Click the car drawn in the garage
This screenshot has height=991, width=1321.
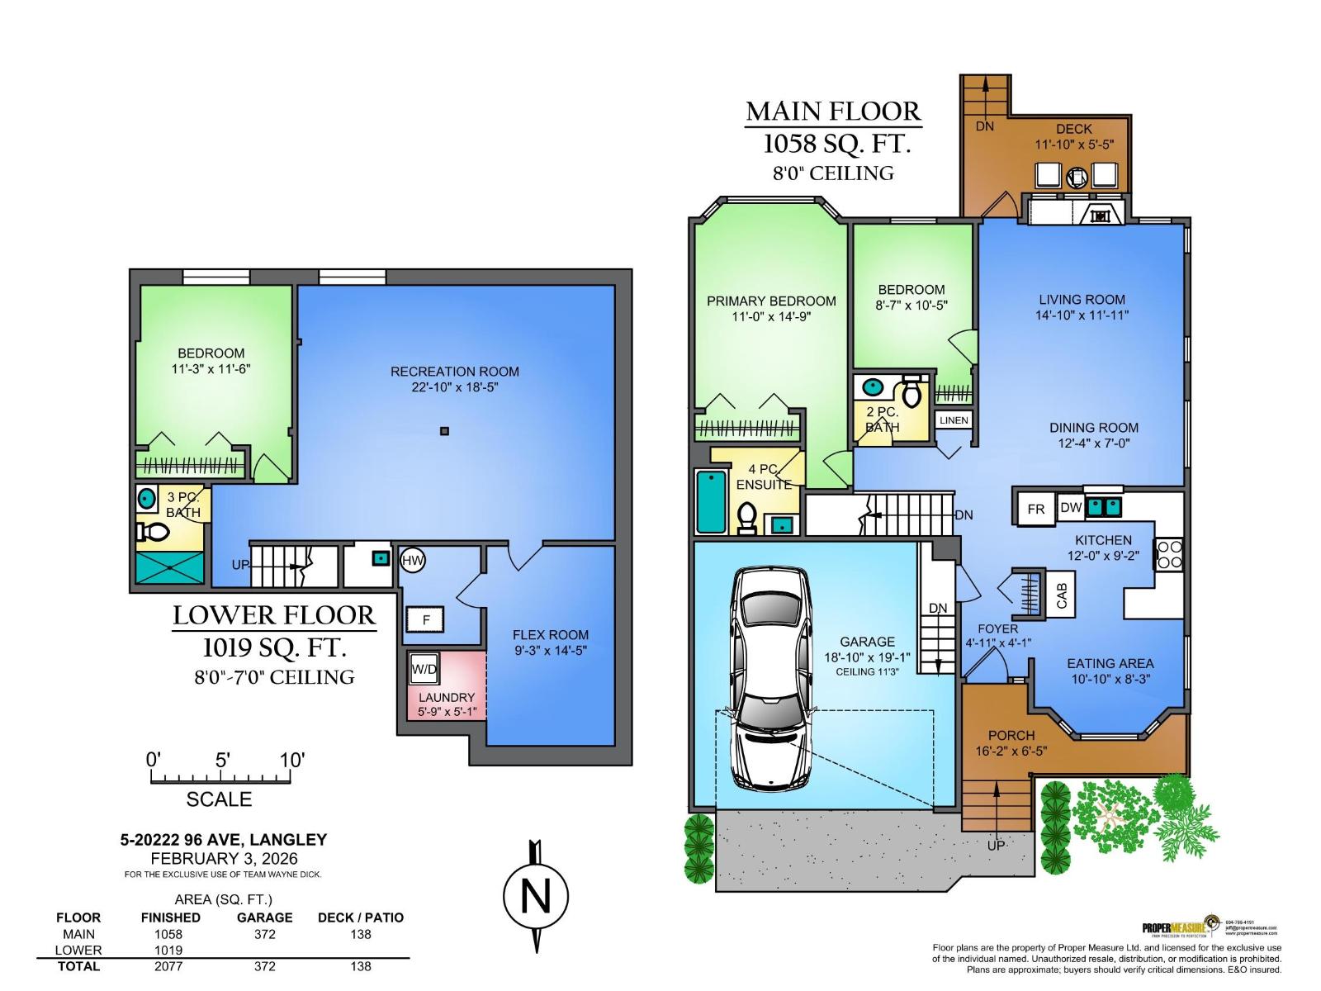pos(769,679)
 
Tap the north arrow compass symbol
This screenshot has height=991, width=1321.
pos(536,896)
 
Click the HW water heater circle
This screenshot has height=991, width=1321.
pos(412,562)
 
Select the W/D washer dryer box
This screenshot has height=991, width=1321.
pos(424,669)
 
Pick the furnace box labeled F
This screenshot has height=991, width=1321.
pos(425,619)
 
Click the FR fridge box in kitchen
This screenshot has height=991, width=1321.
pos(1035,510)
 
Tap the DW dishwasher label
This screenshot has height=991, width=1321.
pos(1070,507)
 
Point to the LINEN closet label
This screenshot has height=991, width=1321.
pos(954,420)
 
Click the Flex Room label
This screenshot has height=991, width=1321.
pos(551,634)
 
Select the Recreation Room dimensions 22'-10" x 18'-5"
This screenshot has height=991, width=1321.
pos(455,387)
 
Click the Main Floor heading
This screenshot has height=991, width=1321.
pos(832,111)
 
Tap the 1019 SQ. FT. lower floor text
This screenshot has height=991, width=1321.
pos(275,647)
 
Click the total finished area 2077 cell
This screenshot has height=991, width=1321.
pos(168,966)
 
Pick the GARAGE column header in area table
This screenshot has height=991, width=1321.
pos(264,918)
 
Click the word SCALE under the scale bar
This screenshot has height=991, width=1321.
pos(219,799)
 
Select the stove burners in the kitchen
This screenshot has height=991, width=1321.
pos(1168,553)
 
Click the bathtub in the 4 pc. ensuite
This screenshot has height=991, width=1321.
pos(710,501)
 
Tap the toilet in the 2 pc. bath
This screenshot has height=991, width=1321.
pos(911,391)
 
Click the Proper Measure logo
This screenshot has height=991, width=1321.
pos(1180,927)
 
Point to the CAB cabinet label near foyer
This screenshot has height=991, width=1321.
pos(1062,595)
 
